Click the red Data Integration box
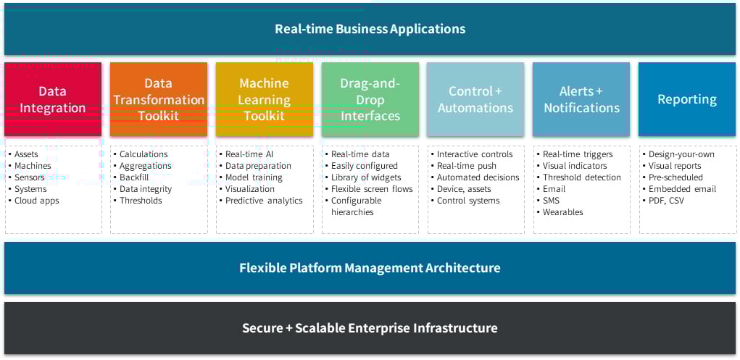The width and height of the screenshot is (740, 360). (x=53, y=99)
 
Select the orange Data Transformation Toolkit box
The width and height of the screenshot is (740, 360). (x=159, y=99)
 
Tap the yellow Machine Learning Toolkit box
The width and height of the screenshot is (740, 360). (x=265, y=99)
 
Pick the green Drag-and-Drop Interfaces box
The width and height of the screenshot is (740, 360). (x=370, y=99)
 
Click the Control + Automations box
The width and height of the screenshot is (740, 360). (x=475, y=99)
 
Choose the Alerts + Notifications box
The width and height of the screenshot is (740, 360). (x=581, y=99)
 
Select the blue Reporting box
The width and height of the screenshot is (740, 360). (x=687, y=99)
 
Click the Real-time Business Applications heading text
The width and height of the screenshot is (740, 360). (x=370, y=29)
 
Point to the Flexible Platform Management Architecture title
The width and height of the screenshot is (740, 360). (x=370, y=268)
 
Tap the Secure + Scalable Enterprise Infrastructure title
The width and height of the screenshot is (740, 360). (x=370, y=328)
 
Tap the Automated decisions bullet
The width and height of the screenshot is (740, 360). (x=478, y=177)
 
